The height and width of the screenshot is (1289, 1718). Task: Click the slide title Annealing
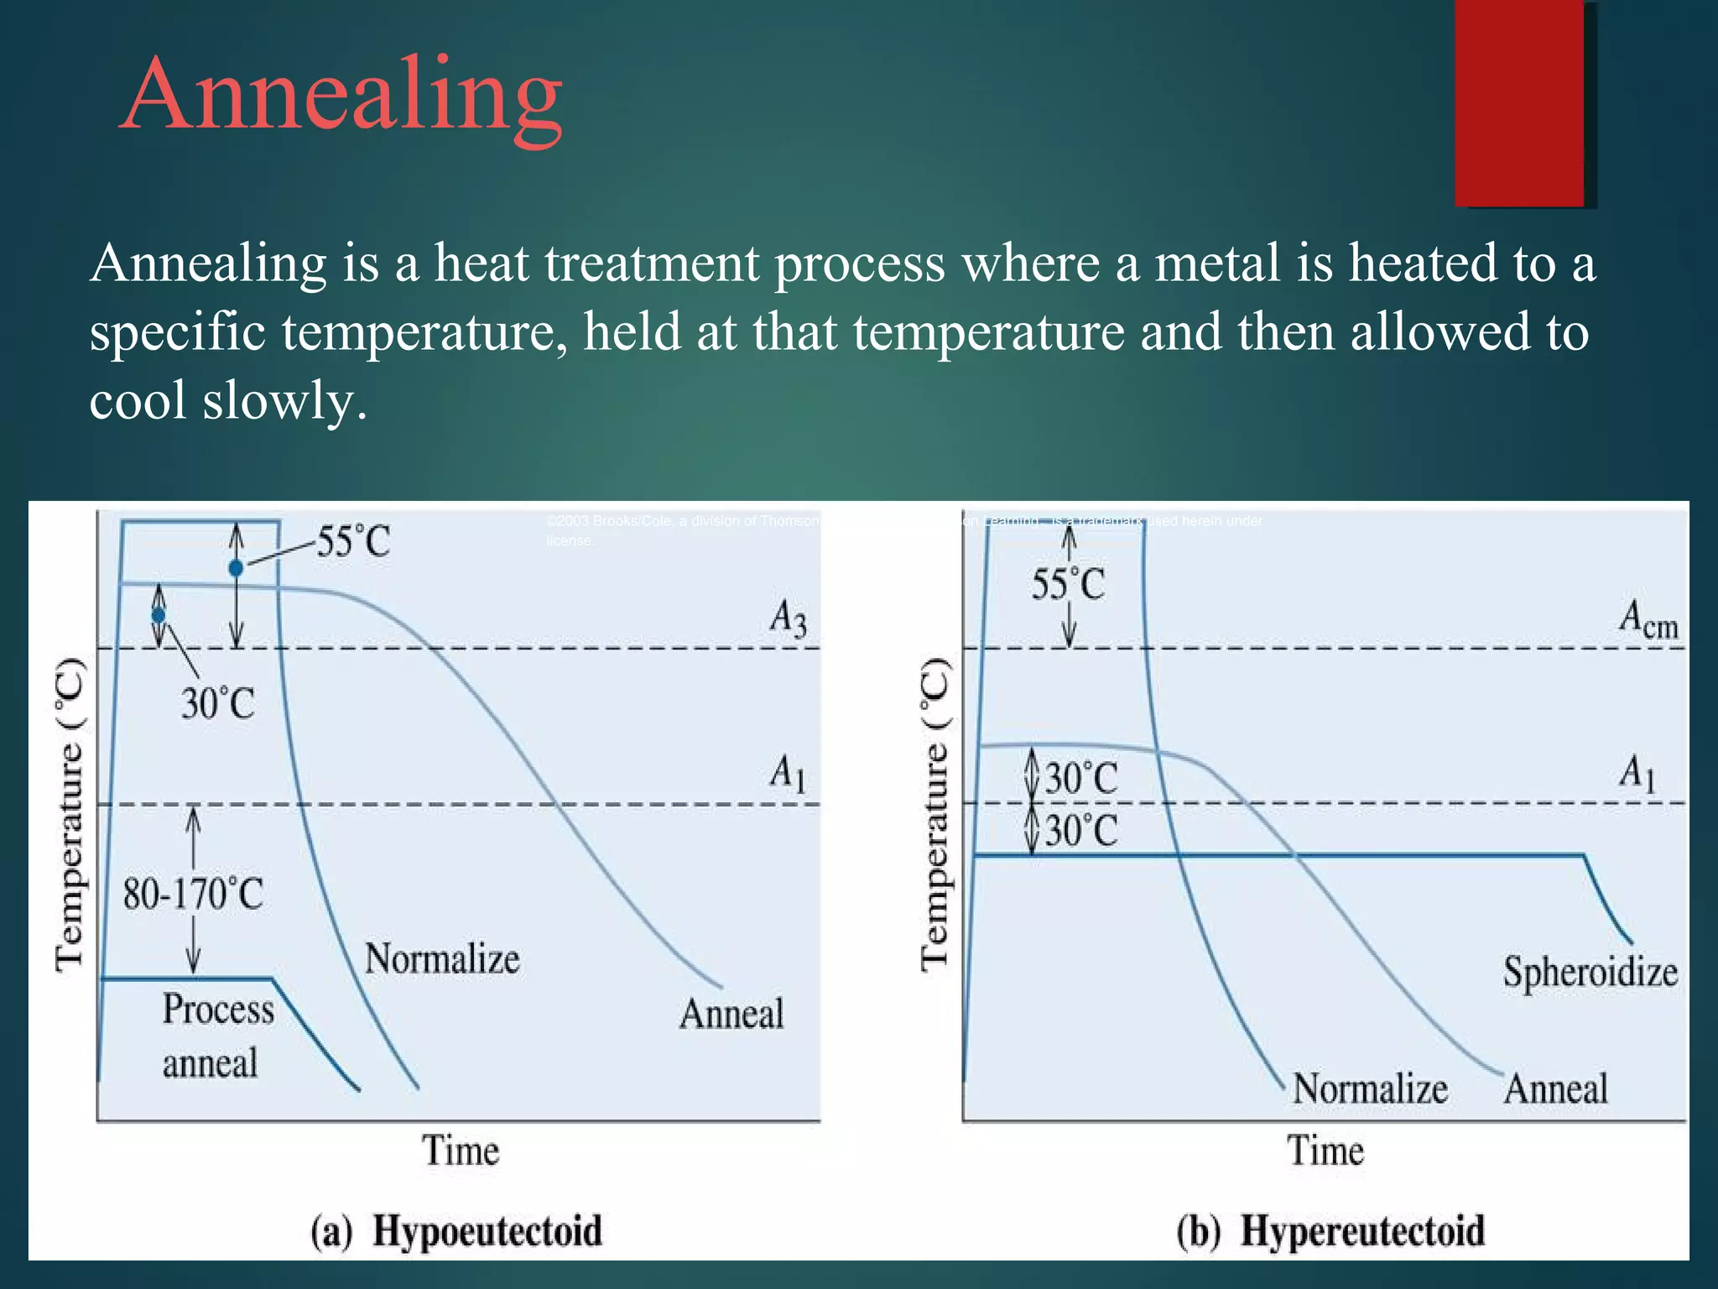tap(341, 94)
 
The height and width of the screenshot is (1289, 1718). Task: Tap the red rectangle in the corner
tap(1520, 102)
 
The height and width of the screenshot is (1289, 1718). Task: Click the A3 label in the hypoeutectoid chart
tap(788, 618)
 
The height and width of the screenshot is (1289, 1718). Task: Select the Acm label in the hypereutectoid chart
tap(1648, 620)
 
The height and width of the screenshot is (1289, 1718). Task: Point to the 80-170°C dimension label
tap(193, 894)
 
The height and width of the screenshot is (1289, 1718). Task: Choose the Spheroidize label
tap(1590, 973)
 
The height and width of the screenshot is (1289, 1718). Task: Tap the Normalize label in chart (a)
tap(442, 958)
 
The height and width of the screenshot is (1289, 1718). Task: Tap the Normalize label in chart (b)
tap(1370, 1088)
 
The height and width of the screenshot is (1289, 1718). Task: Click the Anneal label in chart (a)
tap(731, 1014)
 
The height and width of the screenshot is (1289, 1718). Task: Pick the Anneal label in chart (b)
tap(1555, 1089)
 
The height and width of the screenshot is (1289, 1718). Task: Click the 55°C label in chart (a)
tap(353, 541)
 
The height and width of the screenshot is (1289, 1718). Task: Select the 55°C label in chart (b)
tap(1068, 584)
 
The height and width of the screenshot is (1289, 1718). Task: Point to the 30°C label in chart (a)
tap(217, 703)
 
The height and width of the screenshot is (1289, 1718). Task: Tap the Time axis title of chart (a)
tap(460, 1151)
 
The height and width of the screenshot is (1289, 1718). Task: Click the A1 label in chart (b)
tap(1637, 772)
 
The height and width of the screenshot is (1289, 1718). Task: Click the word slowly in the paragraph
tap(284, 400)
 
